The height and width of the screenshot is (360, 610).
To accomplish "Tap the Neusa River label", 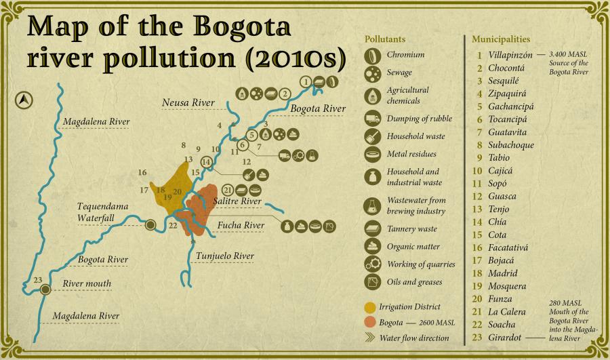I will [188, 102].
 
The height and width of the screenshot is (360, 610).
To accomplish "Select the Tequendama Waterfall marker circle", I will [150, 224].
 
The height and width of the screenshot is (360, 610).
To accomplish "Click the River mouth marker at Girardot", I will [45, 289].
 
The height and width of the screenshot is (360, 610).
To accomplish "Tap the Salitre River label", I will [237, 201].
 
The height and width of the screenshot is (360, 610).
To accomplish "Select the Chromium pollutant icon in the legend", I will [373, 55].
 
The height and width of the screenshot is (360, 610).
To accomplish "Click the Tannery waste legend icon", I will [373, 228].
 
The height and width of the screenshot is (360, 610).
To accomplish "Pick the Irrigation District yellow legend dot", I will [369, 306].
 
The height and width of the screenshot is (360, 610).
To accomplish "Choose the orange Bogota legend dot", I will [369, 321].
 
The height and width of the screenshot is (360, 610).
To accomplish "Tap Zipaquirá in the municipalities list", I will [507, 94].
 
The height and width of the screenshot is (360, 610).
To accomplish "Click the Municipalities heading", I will [501, 39].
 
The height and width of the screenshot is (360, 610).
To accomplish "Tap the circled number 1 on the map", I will [306, 81].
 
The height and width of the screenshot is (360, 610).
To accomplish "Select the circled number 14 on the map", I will [206, 161].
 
